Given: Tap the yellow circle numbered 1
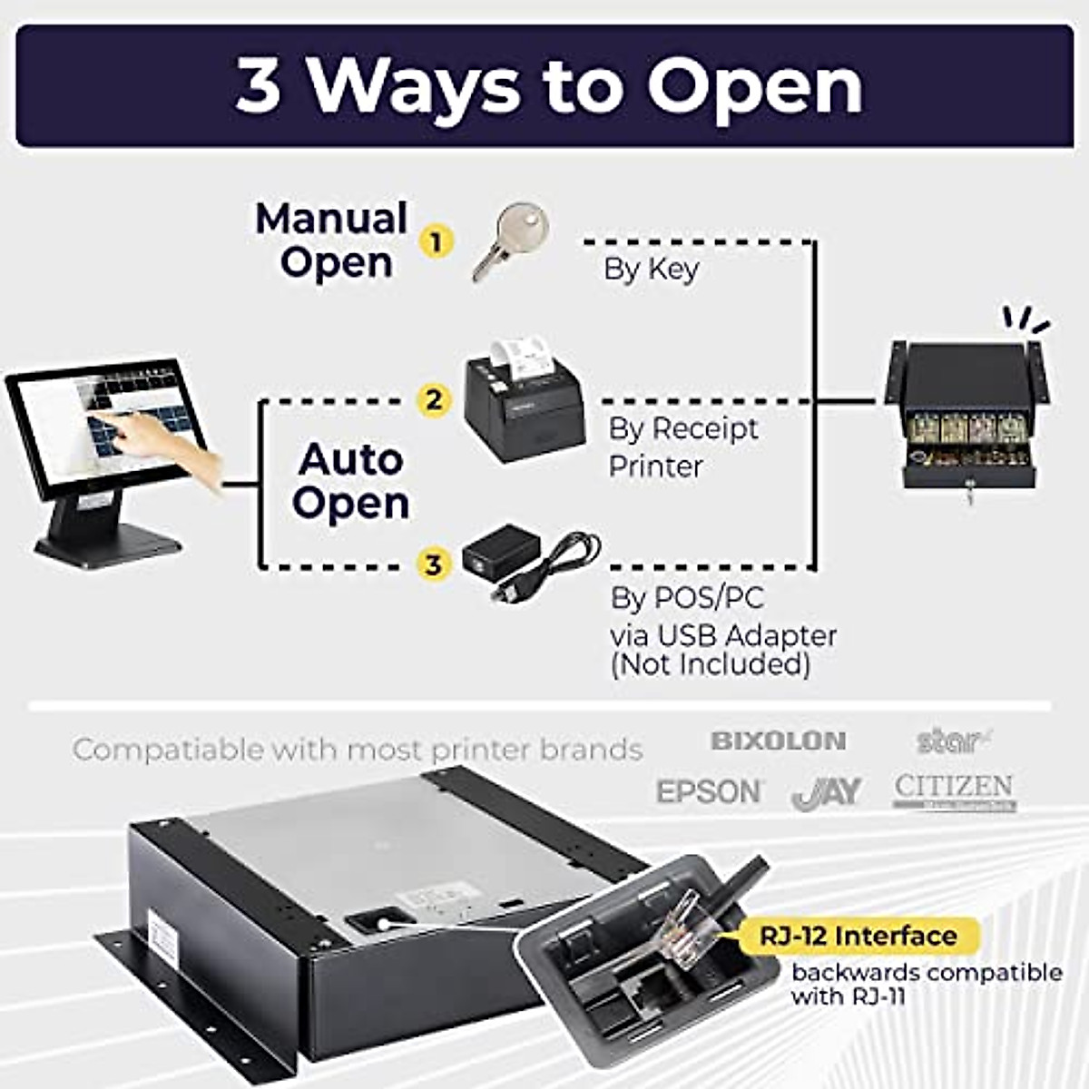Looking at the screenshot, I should [437, 242].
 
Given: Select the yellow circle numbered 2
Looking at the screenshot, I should [434, 400].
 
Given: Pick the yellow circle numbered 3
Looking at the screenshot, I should [434, 564].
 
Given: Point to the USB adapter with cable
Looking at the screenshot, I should [526, 563].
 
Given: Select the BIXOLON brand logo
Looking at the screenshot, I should [778, 741].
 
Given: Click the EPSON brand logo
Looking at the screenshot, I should [710, 791].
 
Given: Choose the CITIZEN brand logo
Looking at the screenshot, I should [954, 790].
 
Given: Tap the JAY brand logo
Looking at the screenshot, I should [826, 792].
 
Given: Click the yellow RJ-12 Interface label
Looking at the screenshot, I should [858, 936].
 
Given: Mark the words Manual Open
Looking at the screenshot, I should [332, 240].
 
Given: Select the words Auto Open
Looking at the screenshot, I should [351, 481].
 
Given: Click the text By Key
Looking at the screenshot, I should [651, 270].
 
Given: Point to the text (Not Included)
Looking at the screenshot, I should [710, 664].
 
